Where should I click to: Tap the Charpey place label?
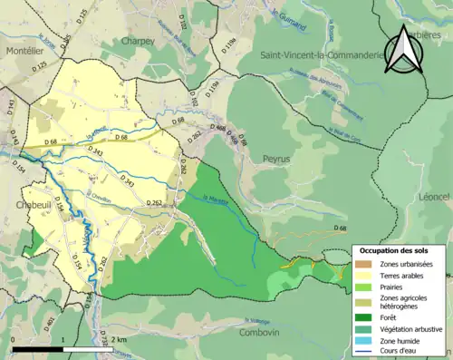coord(139,41)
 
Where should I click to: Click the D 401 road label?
coord(51,326)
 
